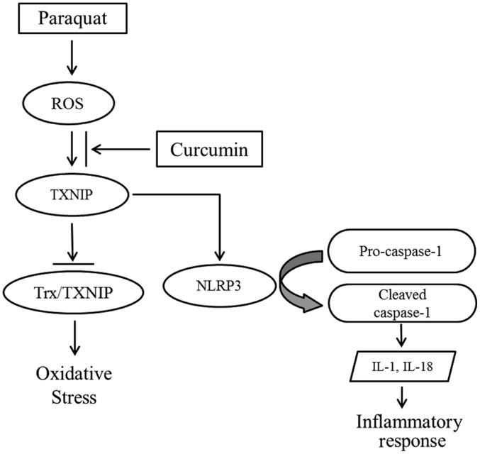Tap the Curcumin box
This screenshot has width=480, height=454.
click(x=212, y=150)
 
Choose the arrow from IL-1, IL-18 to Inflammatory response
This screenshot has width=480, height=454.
click(x=402, y=397)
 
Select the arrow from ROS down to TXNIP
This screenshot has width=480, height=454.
click(x=70, y=150)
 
